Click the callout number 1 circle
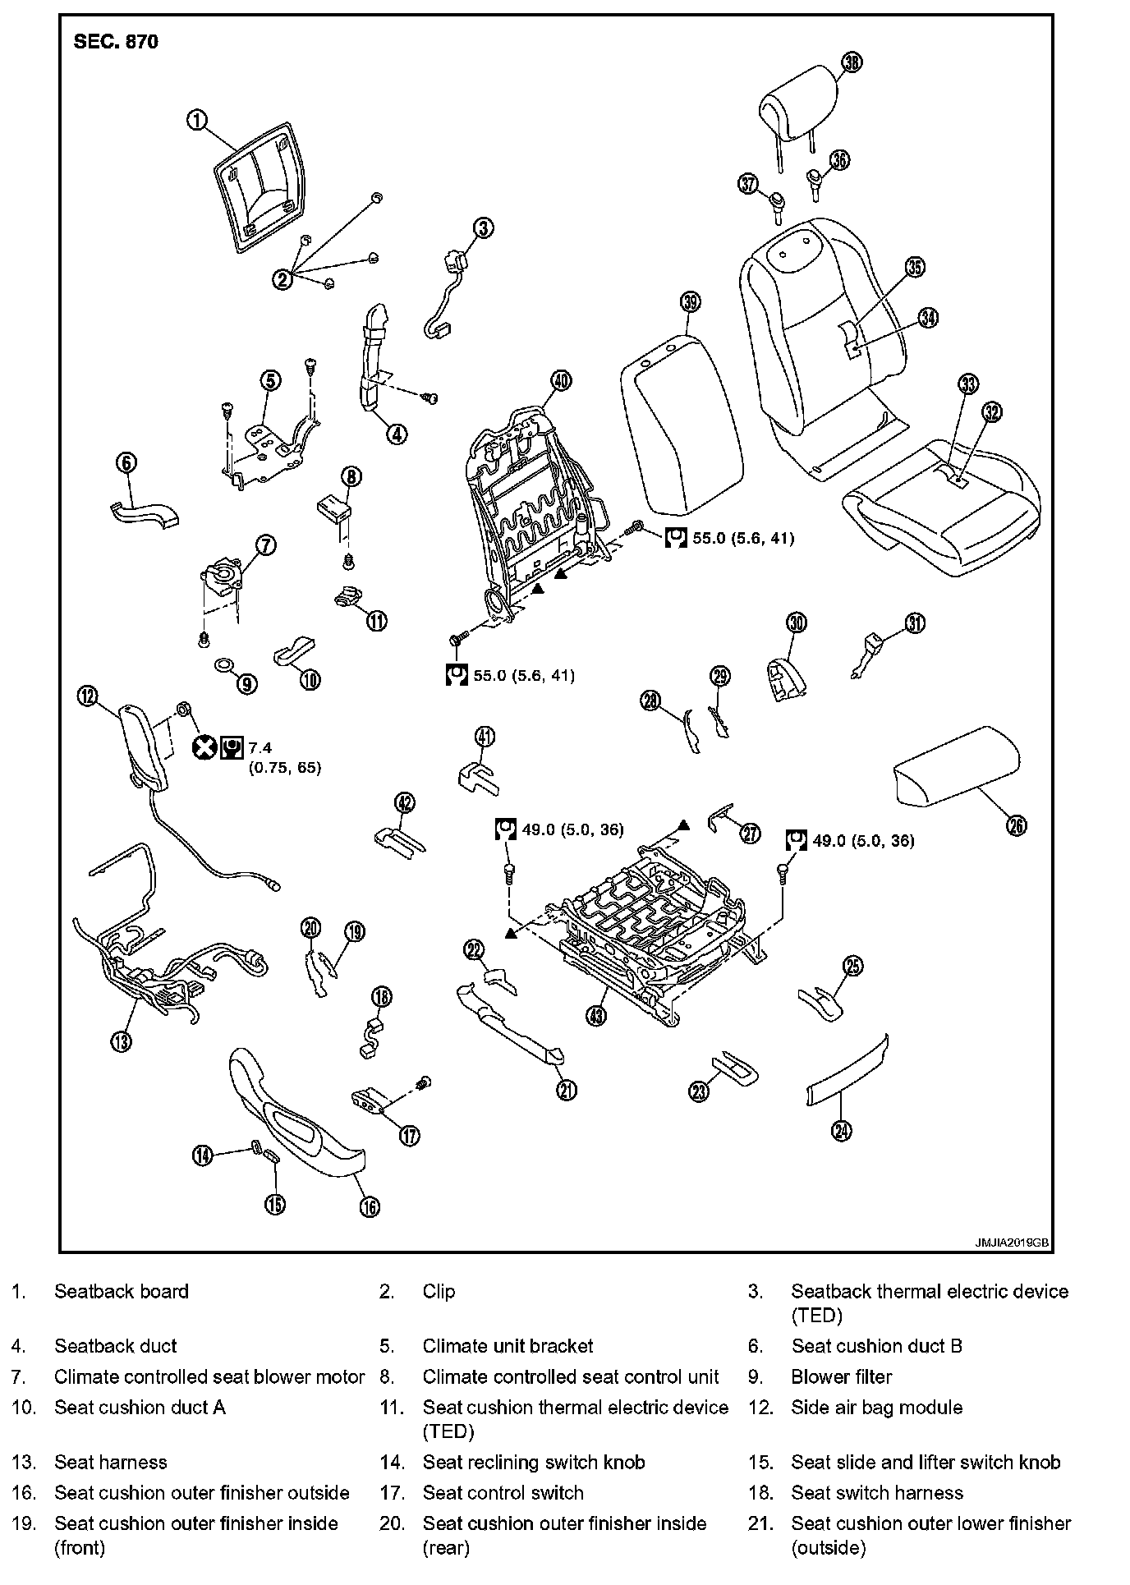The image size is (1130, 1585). [196, 120]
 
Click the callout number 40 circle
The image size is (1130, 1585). [561, 380]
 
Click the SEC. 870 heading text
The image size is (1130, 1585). [116, 42]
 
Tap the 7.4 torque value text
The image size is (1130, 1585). [260, 747]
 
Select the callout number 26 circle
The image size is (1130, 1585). [1017, 825]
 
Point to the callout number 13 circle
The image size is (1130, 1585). [122, 1041]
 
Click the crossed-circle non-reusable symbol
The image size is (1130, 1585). [204, 747]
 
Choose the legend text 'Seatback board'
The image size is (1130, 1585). [122, 1291]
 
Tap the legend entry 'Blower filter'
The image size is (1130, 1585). [841, 1376]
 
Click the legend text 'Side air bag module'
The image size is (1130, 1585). [876, 1407]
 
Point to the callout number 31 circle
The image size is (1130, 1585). [915, 624]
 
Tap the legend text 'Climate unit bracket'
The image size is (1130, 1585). [508, 1346]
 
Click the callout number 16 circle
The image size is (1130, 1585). [370, 1206]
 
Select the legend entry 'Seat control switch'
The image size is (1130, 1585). [503, 1492]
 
